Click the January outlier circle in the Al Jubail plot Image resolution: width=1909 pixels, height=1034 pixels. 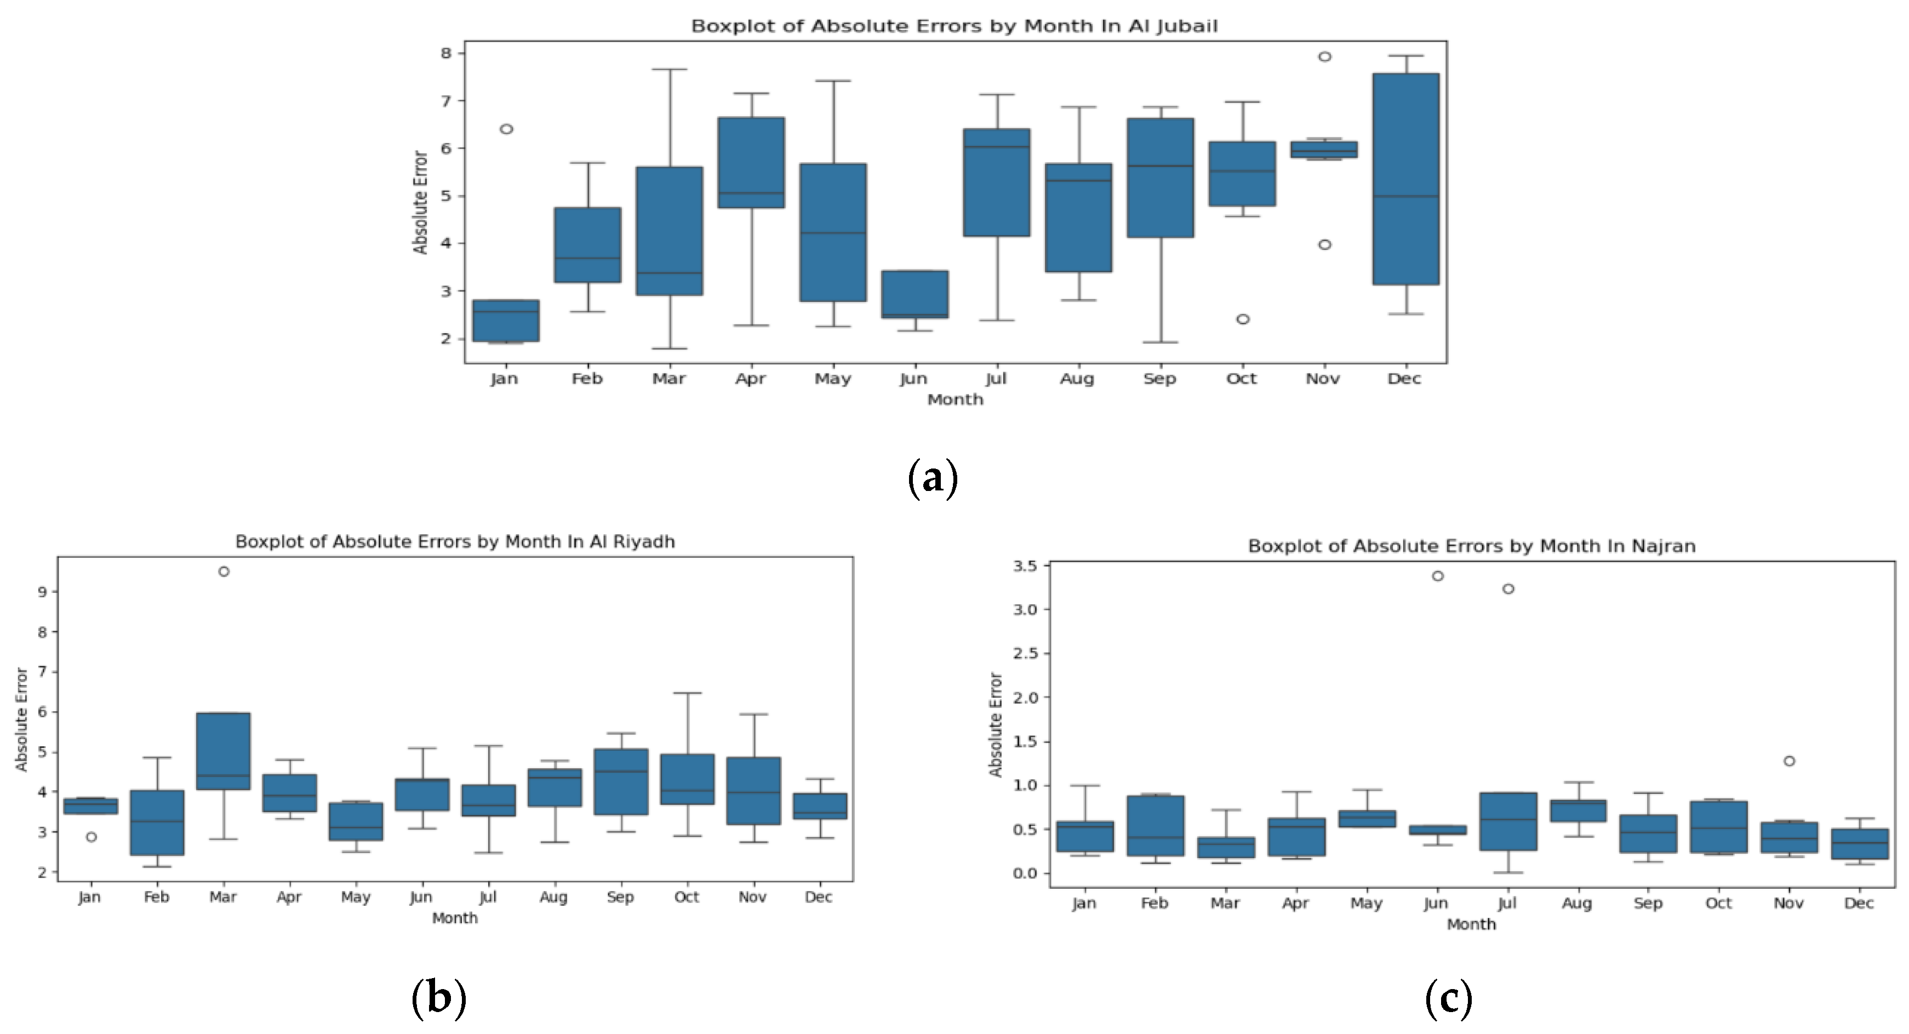point(506,129)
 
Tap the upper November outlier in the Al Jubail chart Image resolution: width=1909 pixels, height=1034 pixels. point(1324,56)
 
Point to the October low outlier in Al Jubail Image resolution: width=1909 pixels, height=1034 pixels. point(1243,319)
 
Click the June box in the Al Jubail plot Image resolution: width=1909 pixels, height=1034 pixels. point(915,294)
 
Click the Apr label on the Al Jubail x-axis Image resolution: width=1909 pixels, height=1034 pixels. point(750,379)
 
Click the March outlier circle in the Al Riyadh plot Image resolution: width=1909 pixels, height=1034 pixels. point(224,572)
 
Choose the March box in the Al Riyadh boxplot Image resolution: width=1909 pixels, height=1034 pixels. point(223,751)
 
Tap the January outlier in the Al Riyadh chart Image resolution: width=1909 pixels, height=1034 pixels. point(91,837)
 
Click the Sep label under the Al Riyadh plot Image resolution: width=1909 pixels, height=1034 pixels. point(620,897)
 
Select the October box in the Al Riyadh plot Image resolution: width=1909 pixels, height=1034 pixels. point(687,779)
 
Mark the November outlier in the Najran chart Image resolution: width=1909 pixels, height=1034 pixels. point(1789,761)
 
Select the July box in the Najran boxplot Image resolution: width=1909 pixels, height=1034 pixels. point(1507,821)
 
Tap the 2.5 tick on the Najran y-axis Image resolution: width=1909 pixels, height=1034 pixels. point(1026,654)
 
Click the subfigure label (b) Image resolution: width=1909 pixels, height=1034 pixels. point(439,998)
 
